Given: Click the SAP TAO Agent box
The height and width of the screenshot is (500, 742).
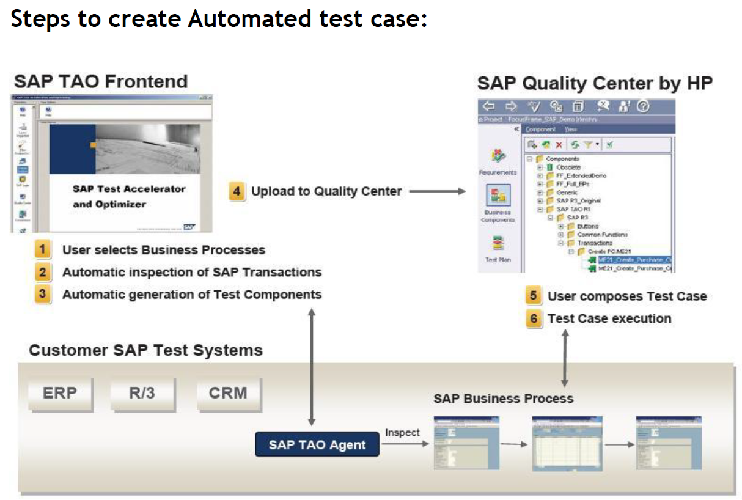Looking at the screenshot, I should coord(317,444).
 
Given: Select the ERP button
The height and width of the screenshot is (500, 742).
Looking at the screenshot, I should coord(60,393).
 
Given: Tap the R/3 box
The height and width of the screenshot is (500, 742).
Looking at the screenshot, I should coord(142,393).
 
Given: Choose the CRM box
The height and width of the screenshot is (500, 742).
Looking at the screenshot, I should coord(228,393).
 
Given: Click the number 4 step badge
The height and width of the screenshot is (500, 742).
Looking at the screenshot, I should coord(237,191).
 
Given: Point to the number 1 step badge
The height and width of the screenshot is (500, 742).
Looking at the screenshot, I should coord(42,249).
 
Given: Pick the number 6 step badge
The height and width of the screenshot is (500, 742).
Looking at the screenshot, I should coord(534,318).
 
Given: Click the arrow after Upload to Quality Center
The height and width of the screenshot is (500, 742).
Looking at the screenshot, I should coord(437,191).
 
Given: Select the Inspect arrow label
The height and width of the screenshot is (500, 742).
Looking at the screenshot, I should coord(402,433).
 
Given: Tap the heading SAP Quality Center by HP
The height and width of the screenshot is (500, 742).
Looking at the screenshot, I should coord(595,83).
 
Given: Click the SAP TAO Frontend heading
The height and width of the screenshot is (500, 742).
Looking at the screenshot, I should coord(101,81).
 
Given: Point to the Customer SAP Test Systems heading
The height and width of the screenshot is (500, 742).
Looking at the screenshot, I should coord(145,350).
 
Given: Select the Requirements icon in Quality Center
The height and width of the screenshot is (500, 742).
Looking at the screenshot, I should coord(499,156).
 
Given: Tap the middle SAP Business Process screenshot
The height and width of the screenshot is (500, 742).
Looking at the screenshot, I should coord(559,444).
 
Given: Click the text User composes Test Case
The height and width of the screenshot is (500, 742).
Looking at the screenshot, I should coord(627,296).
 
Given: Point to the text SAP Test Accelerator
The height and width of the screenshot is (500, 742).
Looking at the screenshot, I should coord(128,189).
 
